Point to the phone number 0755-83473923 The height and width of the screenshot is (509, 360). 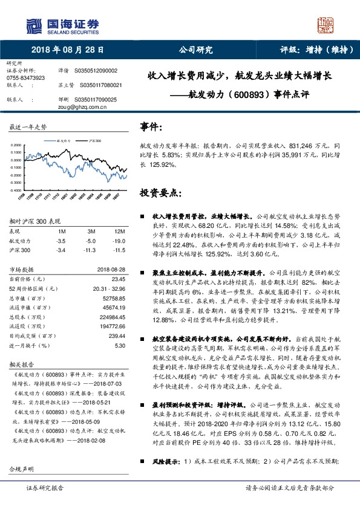click(x=25, y=78)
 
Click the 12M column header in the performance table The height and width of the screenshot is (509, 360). click(x=119, y=232)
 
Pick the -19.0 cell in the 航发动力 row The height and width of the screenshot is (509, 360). click(x=119, y=240)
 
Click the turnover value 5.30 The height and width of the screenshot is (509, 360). click(x=119, y=345)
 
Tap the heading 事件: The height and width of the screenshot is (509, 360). click(x=151, y=127)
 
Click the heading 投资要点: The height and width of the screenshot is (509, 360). click(x=160, y=193)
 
